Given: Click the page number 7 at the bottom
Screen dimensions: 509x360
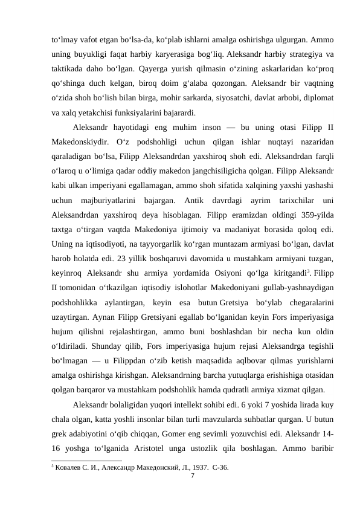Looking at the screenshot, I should click(191, 475).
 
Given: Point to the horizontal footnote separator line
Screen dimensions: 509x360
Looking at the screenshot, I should click(85, 460).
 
